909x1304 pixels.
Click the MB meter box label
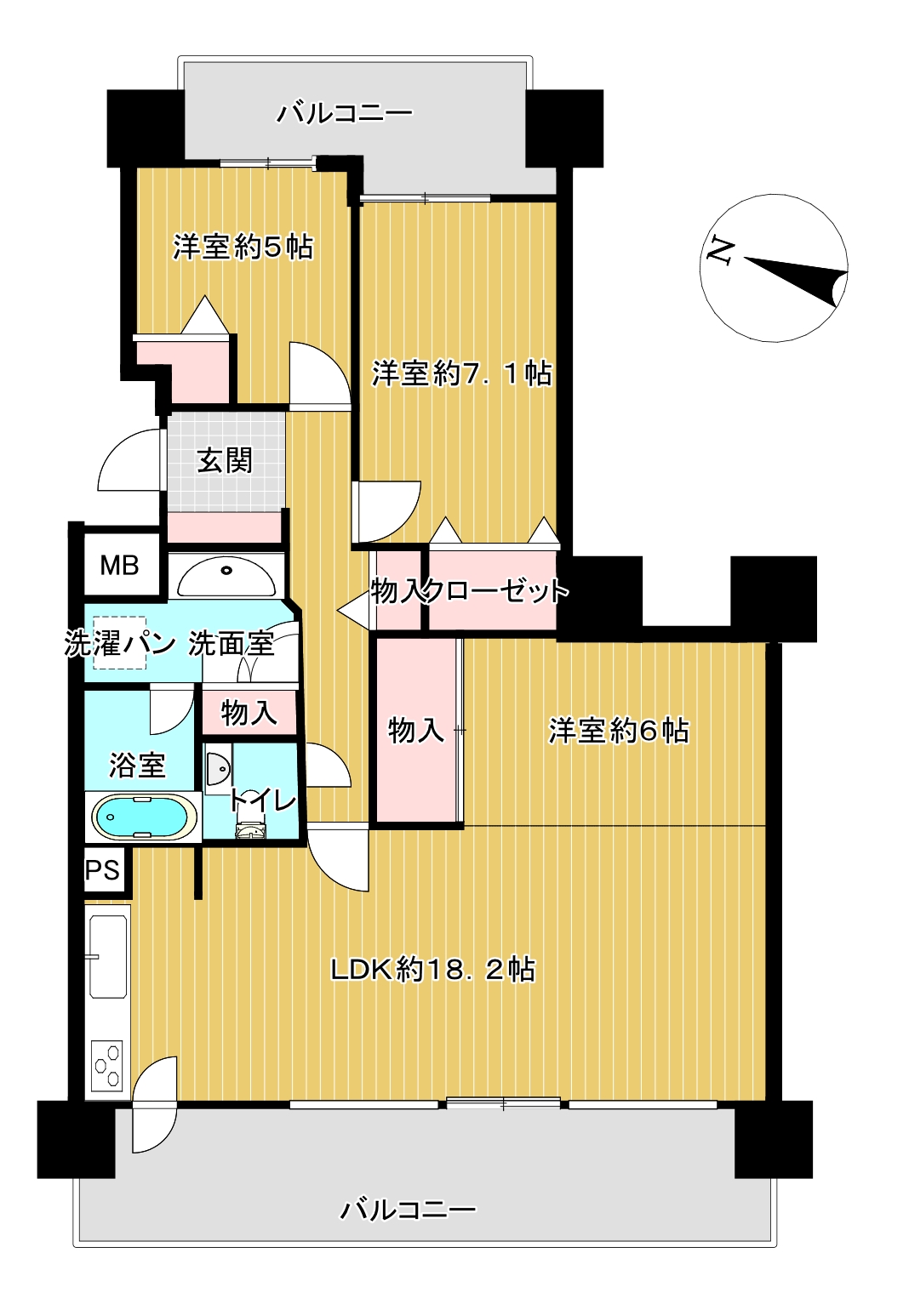tap(119, 566)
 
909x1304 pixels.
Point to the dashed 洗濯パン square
tap(119, 643)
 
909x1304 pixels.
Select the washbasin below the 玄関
tap(226, 577)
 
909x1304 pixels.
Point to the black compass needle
tap(796, 279)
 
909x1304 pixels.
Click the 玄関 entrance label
tap(225, 461)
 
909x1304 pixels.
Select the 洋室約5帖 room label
tap(243, 247)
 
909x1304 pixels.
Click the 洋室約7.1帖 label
tap(462, 373)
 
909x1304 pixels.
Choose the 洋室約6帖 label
tap(619, 731)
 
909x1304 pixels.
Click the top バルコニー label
tap(344, 113)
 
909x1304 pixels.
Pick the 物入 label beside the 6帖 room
tap(416, 730)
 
